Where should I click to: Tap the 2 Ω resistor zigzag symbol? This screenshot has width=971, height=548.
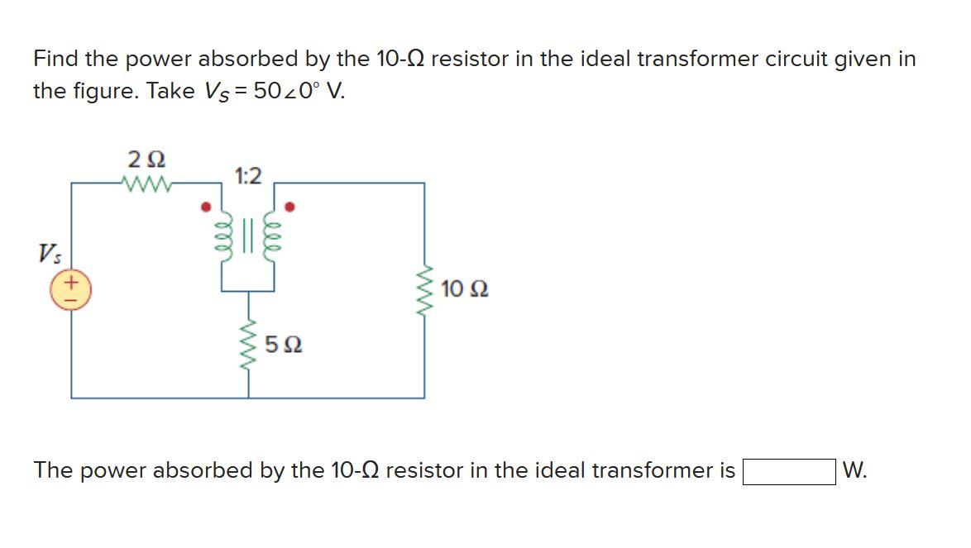[146, 183]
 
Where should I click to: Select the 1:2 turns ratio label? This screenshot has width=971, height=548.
[247, 175]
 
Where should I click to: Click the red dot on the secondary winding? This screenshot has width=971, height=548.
[289, 206]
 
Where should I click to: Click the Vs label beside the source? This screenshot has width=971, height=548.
[46, 252]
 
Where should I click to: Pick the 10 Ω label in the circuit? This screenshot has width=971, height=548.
[464, 289]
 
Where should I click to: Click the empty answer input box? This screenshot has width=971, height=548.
[788, 472]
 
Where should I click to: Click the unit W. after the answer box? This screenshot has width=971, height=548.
[854, 470]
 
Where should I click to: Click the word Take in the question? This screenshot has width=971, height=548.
[170, 90]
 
